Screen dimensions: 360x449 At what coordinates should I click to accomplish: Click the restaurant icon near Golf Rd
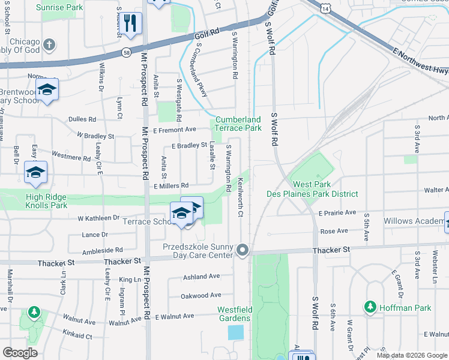130,23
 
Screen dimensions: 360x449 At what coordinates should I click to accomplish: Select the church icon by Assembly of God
49,44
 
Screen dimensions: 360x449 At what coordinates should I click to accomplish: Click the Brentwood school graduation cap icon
46,90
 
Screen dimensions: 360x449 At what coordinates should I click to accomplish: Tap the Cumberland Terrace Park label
238,124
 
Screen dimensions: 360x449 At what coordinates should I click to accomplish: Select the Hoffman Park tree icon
370,307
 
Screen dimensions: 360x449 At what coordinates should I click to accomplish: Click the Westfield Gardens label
234,314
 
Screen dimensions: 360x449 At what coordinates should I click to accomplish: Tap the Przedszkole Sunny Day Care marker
243,249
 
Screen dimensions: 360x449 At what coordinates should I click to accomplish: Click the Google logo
20,352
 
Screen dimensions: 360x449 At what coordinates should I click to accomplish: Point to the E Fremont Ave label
175,130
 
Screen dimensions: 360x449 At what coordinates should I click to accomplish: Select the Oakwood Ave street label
201,295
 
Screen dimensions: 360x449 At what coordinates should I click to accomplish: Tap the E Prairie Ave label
337,213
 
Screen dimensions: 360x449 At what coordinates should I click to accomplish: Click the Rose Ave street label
334,231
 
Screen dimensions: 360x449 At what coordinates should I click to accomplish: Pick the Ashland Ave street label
202,277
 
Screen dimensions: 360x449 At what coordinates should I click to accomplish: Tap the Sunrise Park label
59,8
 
